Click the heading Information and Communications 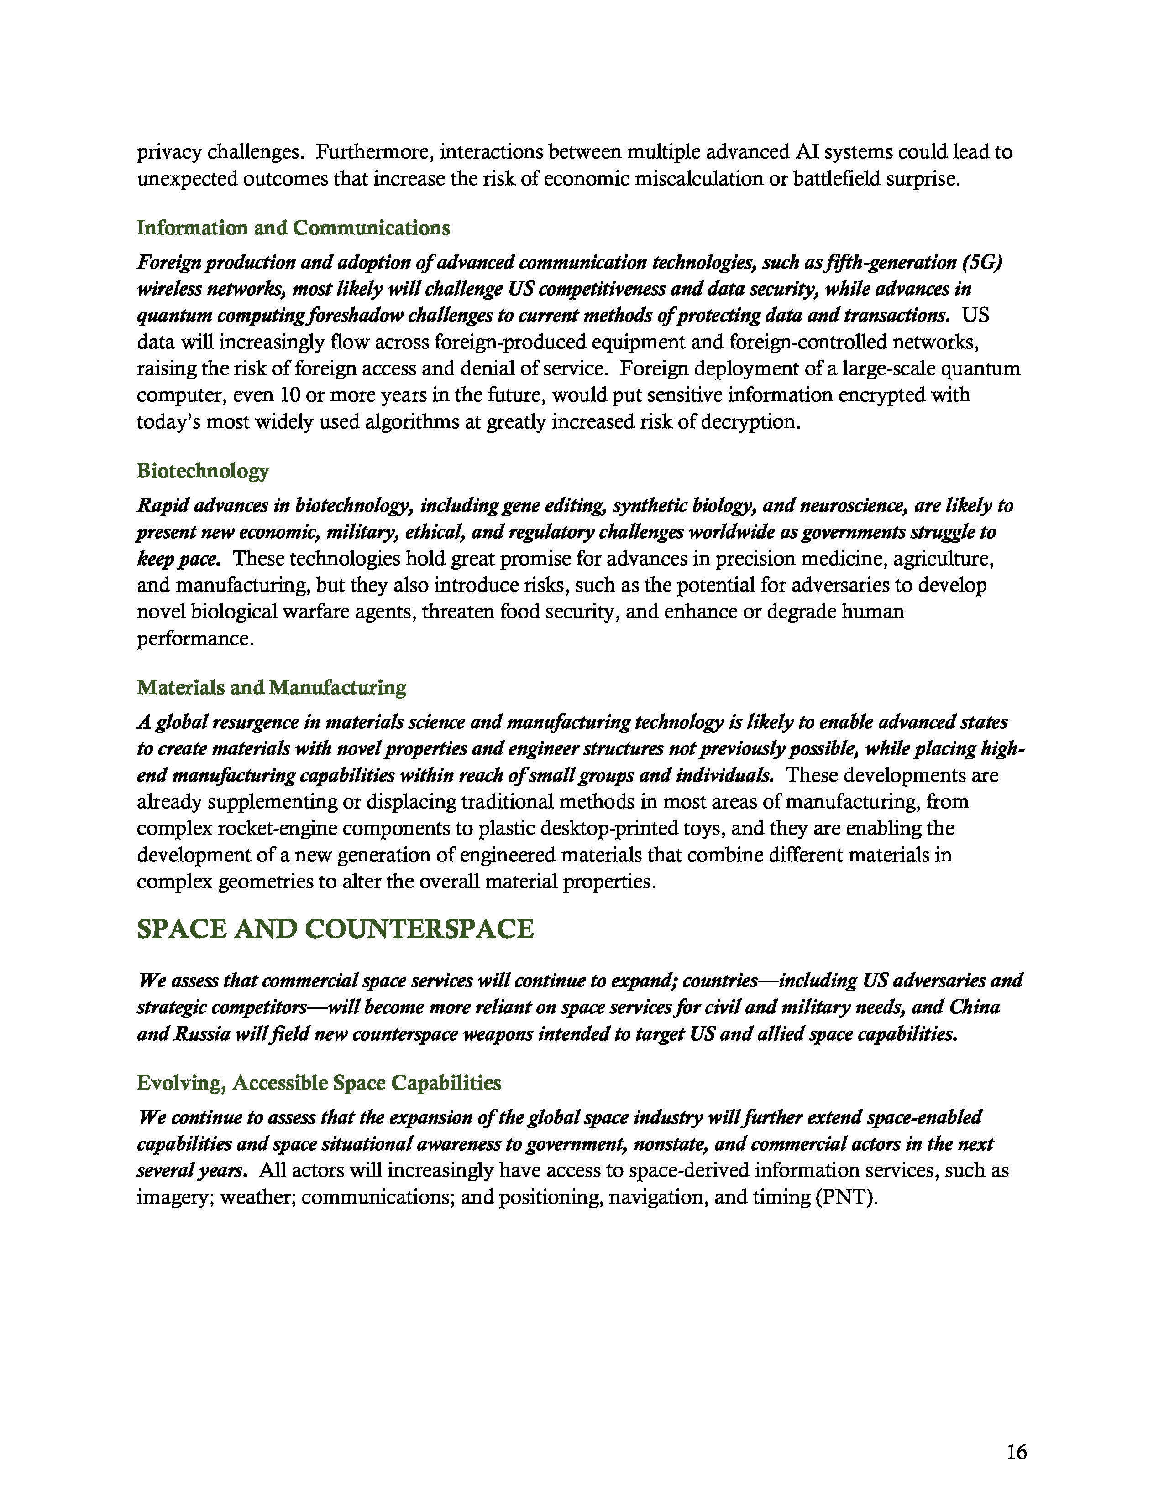click(293, 228)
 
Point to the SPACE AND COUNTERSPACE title click(335, 929)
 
